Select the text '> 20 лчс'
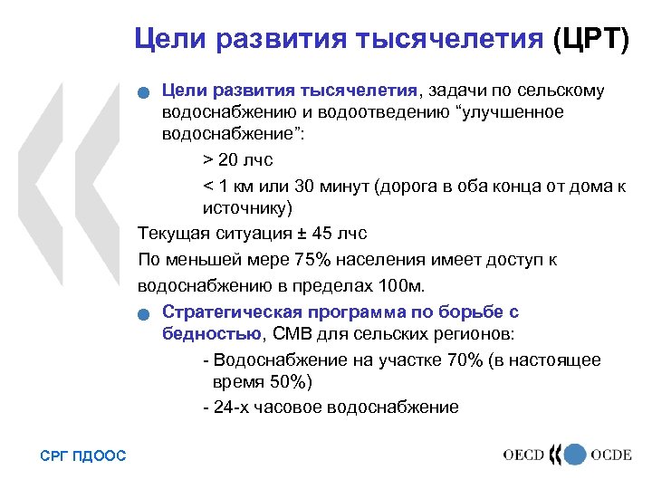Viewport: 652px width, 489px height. pyautogui.click(x=237, y=159)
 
